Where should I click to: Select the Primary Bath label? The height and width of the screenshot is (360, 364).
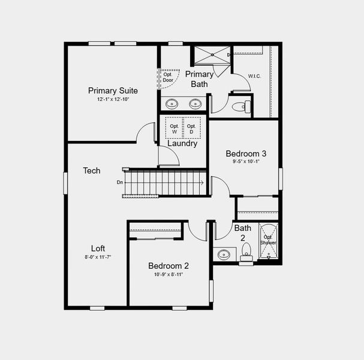point(199,79)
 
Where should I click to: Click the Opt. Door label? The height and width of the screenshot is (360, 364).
point(168,77)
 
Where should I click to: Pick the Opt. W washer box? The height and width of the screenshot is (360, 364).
point(175,128)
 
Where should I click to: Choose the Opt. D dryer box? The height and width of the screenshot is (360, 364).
point(191,128)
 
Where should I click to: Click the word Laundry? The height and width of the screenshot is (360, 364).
point(182,144)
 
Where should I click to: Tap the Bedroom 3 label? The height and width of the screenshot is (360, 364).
point(246,154)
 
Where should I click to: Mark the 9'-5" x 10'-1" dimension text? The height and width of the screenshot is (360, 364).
point(246,161)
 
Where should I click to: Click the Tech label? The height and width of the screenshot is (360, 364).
point(91,171)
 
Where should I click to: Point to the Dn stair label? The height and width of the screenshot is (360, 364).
point(120,182)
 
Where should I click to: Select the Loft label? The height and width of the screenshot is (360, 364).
point(98,248)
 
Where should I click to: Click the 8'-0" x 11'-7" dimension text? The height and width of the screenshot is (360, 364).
point(98,257)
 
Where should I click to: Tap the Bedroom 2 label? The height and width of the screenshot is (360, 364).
point(169,266)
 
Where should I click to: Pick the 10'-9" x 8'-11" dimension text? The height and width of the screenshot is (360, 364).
point(169,274)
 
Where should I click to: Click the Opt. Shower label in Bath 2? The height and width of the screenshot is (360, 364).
point(268,240)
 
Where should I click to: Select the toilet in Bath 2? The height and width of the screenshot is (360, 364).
point(246,257)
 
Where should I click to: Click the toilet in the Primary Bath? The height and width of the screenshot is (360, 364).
point(239,107)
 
